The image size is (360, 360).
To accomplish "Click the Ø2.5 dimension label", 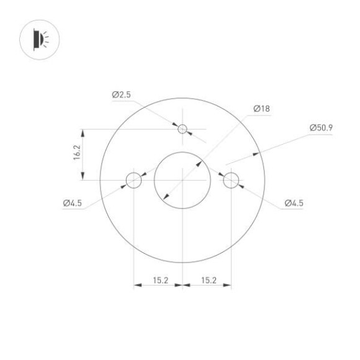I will click(122, 95).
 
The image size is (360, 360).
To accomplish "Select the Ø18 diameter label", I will click(261, 109).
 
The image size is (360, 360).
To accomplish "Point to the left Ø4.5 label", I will click(73, 203).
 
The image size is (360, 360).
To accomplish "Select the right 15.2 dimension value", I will click(209, 281).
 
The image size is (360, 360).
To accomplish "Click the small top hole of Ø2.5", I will click(182, 129).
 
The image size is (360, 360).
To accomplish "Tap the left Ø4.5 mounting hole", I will click(133, 180).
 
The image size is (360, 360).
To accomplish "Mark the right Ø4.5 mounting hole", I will click(231, 180).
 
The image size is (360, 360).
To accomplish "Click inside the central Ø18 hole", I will click(182, 180).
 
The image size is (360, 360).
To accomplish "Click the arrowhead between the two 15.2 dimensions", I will click(182, 286).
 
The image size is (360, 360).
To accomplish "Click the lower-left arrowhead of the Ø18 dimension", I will click(164, 197).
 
